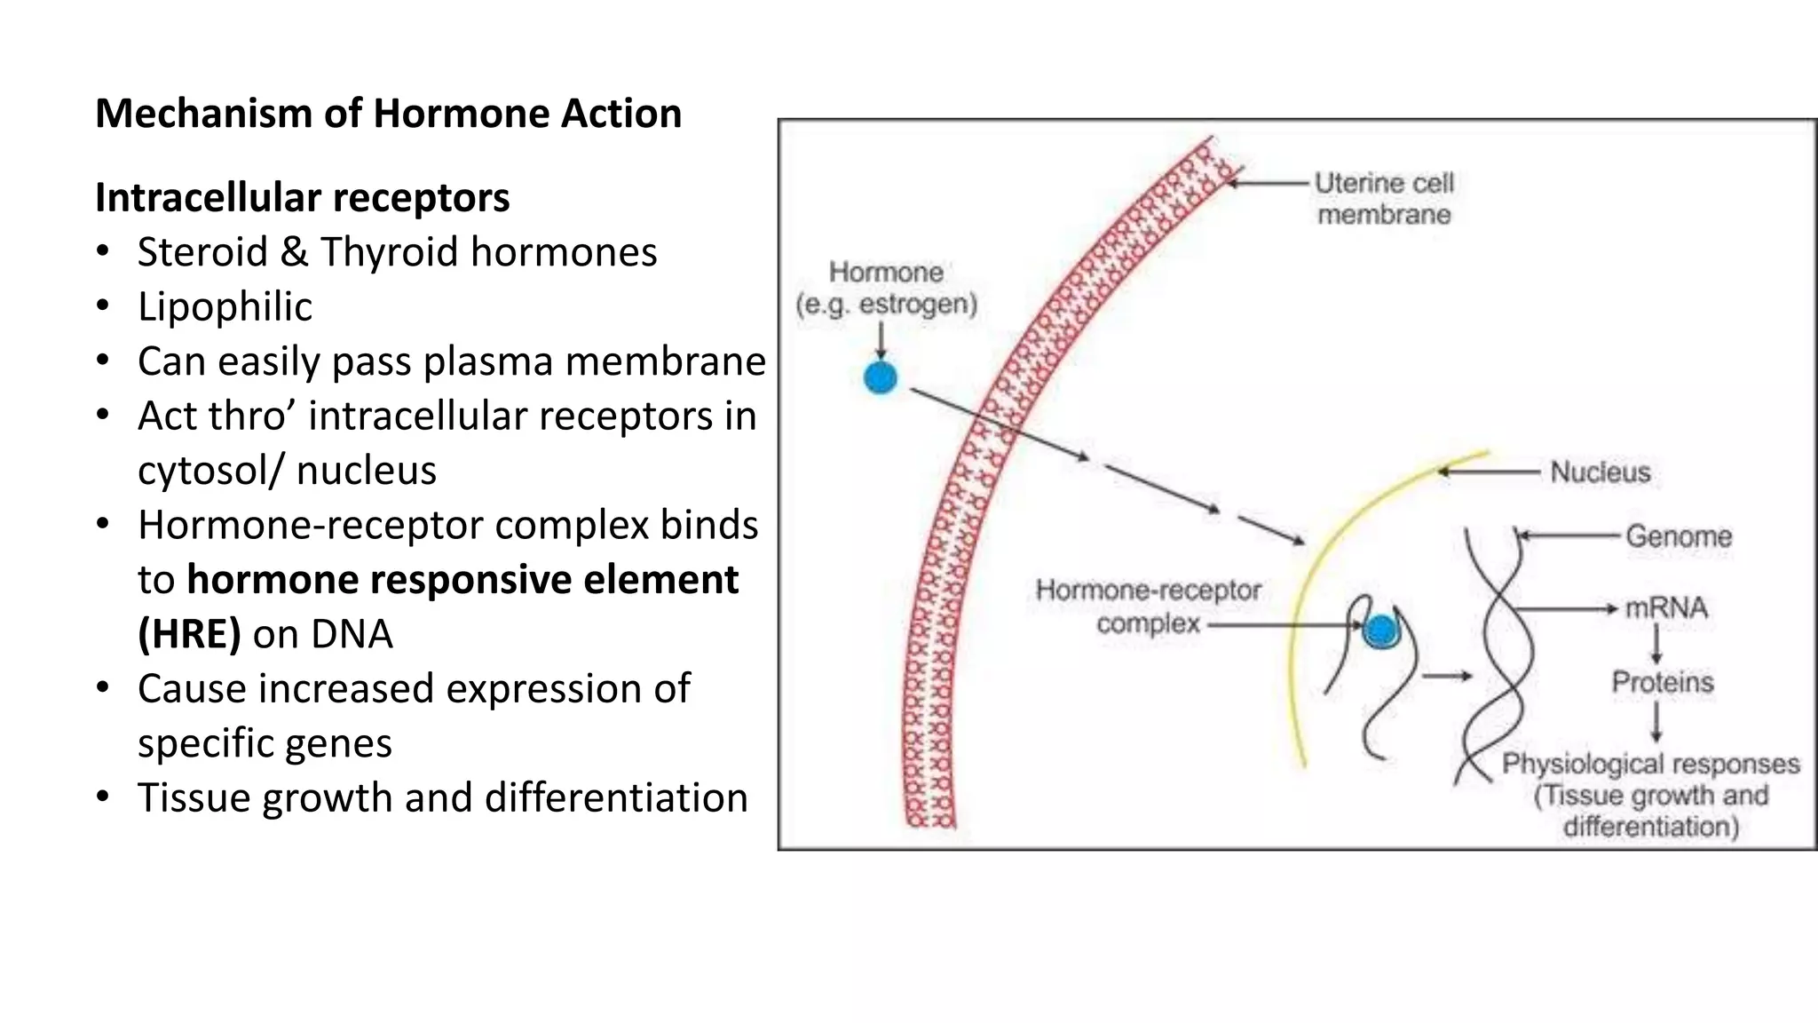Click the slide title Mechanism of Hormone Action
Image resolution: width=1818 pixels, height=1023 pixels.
388,114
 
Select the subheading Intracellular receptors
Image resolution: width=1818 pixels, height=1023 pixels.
302,197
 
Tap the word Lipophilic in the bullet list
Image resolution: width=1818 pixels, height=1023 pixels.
225,307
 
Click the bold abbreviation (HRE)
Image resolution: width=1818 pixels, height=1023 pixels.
189,634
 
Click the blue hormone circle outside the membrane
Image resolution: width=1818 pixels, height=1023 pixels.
880,378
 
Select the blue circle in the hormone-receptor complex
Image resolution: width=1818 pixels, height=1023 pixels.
1380,631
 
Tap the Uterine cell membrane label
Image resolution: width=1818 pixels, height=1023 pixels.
1383,199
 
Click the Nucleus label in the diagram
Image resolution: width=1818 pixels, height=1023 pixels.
1600,472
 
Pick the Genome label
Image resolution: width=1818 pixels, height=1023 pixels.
1678,536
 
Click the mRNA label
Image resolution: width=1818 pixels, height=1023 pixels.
1665,608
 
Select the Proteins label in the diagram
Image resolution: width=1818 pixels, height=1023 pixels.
1662,682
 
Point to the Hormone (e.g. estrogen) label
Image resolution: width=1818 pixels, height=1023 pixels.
886,288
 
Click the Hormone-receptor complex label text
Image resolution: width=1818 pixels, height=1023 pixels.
1148,607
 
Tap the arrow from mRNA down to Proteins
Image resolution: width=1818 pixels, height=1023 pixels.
1656,644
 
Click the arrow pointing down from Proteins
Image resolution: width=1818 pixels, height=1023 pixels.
1656,721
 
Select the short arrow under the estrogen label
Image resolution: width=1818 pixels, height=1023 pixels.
881,340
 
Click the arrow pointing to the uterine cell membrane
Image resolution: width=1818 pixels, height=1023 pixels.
1268,183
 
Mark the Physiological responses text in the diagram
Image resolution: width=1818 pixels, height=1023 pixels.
1649,764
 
